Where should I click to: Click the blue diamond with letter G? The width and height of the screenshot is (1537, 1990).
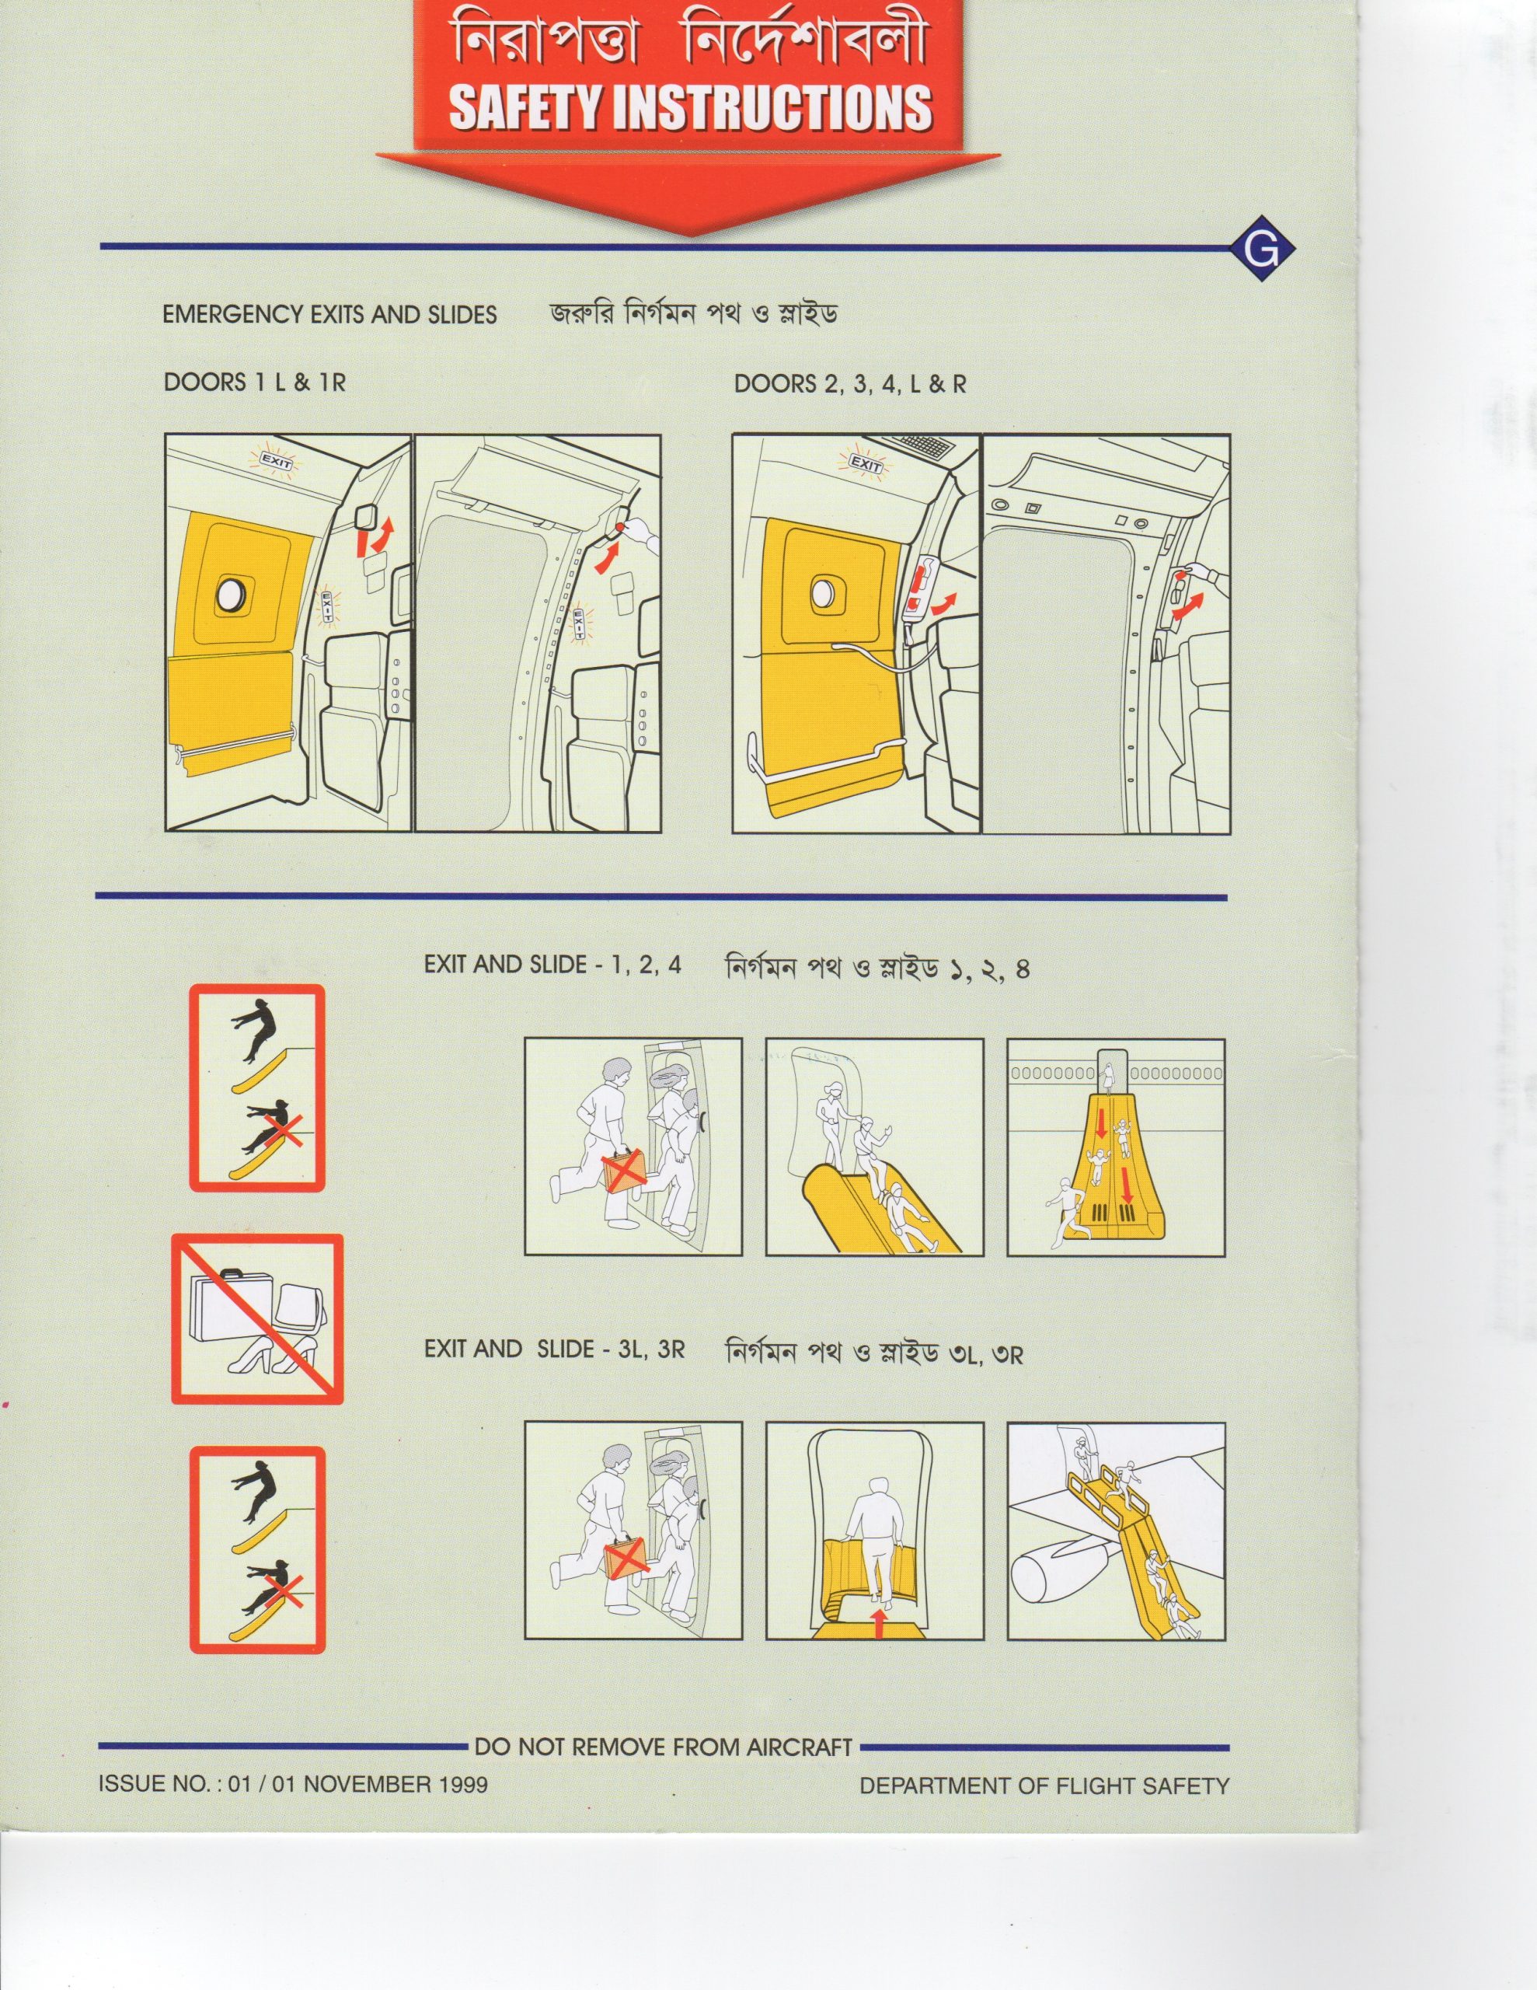pos(1261,248)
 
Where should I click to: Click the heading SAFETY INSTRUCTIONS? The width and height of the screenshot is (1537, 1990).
pos(690,106)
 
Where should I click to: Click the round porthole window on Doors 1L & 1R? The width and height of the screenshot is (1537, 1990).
pos(232,594)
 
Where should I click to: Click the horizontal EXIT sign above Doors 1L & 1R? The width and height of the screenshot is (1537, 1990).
pos(277,460)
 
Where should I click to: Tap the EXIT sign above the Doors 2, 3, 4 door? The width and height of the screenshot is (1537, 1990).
pos(866,464)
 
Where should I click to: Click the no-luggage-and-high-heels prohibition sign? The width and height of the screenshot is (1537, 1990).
pos(257,1319)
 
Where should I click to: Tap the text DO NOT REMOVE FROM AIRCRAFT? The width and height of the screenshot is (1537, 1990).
pos(664,1747)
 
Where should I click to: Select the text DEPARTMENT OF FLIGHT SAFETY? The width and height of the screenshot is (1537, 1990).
pos(1044,1786)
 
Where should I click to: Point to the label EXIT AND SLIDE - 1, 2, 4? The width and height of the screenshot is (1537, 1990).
pos(552,965)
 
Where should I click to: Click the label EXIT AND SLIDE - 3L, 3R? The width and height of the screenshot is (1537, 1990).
pos(554,1349)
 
